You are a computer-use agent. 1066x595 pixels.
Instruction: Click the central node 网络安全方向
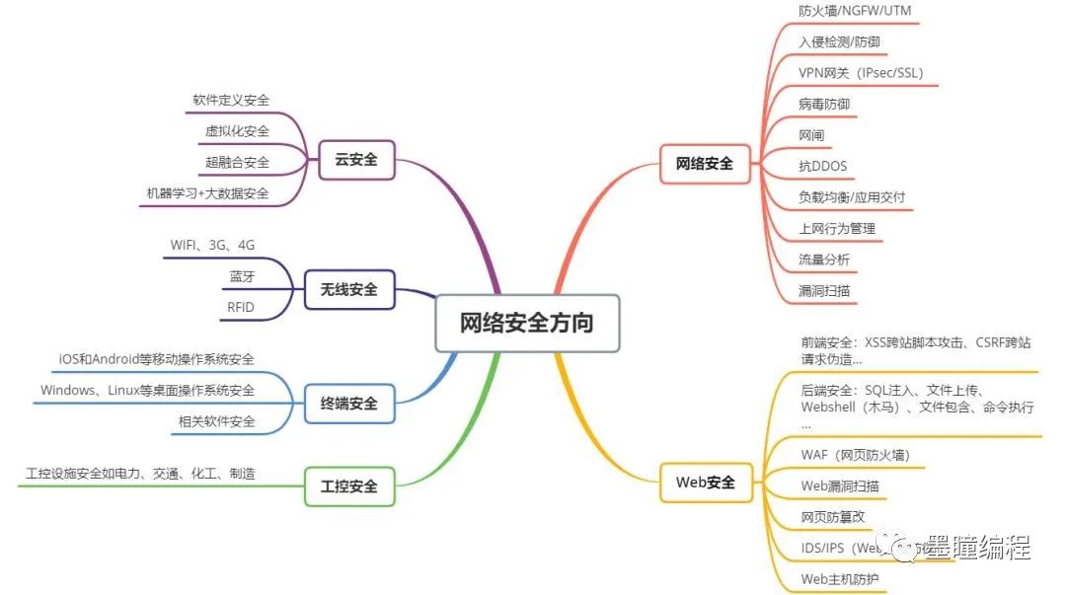[527, 323]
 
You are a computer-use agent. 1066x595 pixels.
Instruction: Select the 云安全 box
[356, 159]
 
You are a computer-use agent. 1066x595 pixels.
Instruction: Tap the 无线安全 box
[348, 290]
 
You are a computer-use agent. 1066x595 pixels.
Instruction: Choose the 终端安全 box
[348, 403]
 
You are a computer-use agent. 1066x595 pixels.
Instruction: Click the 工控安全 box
[348, 485]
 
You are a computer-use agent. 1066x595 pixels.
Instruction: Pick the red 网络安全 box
[705, 164]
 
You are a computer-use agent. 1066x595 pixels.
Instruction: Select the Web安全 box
[705, 483]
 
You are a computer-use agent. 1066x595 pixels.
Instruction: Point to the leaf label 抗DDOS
[822, 166]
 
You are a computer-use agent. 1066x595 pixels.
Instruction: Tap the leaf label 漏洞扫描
[824, 291]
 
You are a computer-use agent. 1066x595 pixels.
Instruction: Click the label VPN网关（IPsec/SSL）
[861, 73]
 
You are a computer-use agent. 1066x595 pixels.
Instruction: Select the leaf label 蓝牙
[242, 276]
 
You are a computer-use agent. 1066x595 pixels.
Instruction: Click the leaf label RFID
[240, 307]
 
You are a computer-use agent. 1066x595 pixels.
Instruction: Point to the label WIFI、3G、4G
[219, 245]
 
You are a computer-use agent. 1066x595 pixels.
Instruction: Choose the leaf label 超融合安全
[237, 162]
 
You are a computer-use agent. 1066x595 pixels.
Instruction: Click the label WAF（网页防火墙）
[855, 455]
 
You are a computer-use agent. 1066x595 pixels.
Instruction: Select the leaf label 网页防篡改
[832, 517]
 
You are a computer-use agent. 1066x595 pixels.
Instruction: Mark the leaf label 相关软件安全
[216, 421]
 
